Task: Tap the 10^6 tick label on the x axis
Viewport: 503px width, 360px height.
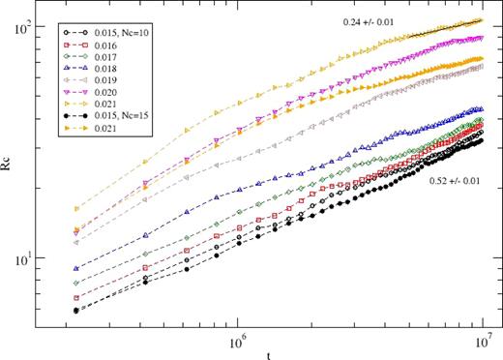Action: click(x=236, y=341)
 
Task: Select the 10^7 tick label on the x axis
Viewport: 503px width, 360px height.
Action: click(x=481, y=341)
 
